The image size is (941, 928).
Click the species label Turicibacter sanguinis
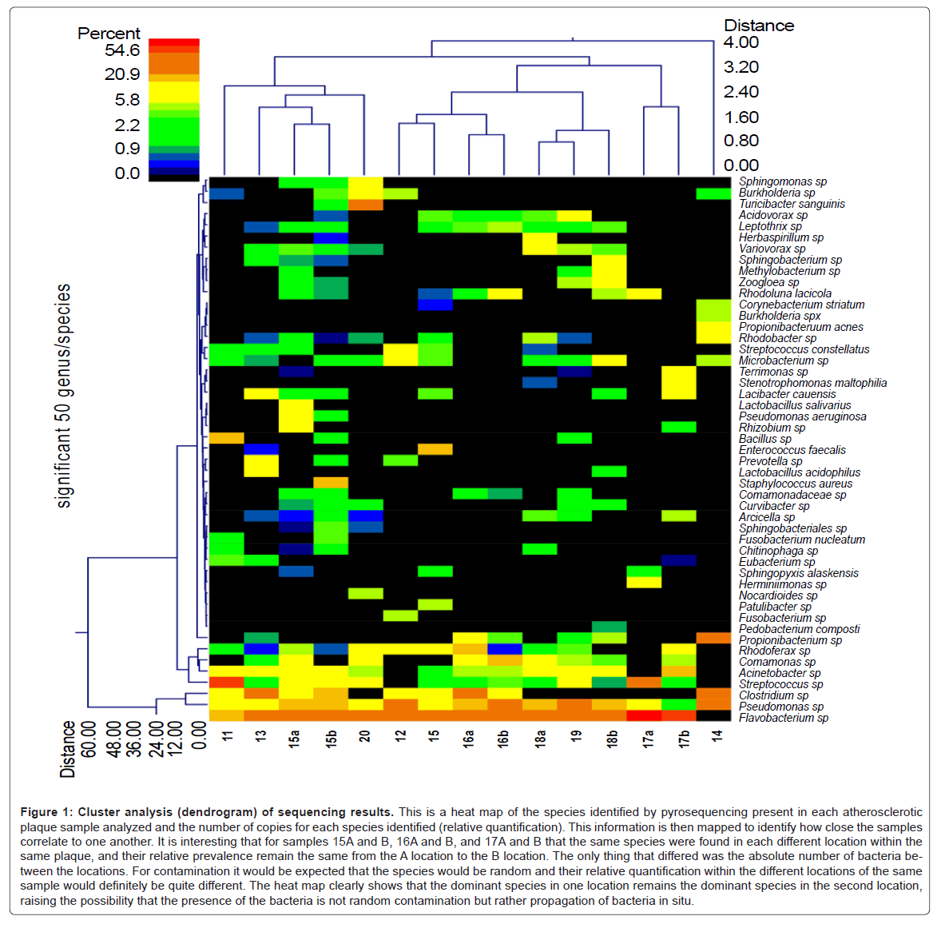click(792, 204)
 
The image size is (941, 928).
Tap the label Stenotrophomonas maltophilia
click(812, 383)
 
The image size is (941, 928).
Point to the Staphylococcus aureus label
click(795, 484)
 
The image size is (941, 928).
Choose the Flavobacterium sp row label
click(783, 718)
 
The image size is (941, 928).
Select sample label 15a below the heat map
click(295, 737)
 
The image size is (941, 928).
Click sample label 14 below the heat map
click(717, 735)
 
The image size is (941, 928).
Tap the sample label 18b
click(613, 737)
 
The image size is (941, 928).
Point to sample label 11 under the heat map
click(228, 735)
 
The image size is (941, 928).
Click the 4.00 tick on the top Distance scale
click(740, 42)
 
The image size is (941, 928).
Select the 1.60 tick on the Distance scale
click(740, 117)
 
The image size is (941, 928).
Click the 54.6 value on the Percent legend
click(122, 50)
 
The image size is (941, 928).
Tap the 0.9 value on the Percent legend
click(127, 149)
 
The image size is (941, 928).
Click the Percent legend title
click(109, 33)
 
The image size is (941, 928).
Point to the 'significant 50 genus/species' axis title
click(64, 396)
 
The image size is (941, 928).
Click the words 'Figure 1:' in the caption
click(46, 812)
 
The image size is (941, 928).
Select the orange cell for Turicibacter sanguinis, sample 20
click(366, 205)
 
